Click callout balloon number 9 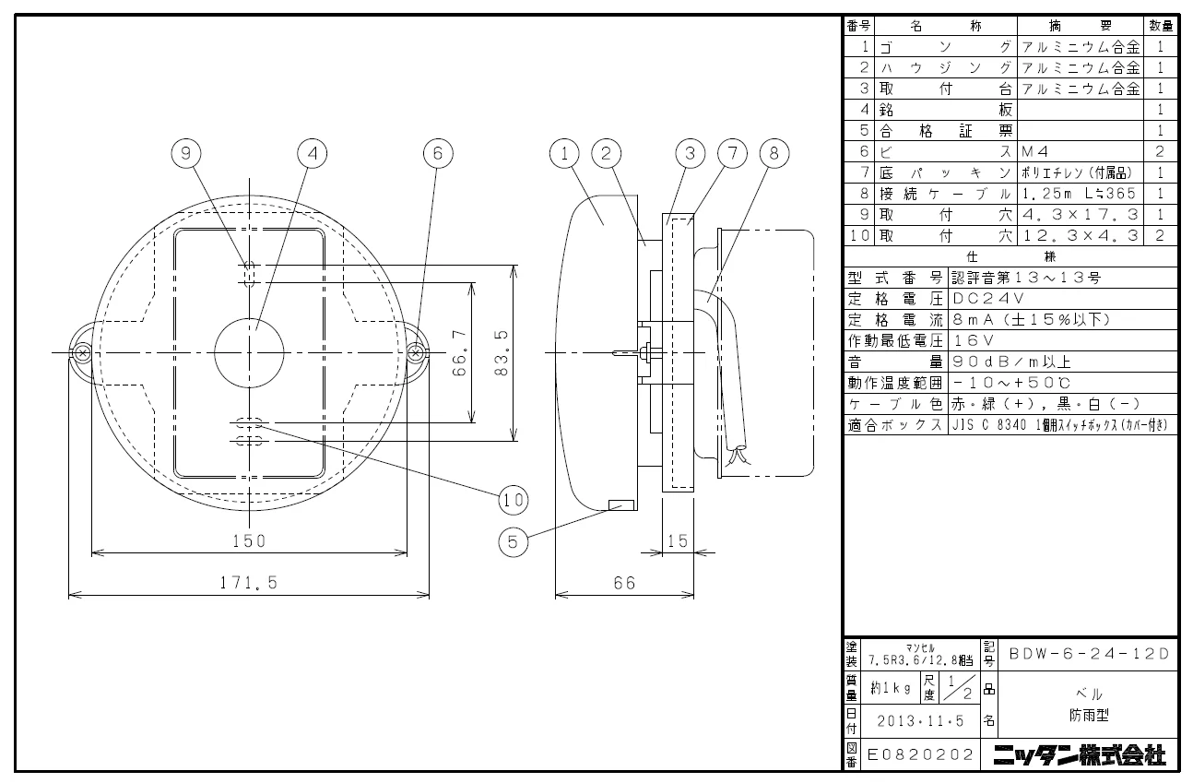click(x=186, y=153)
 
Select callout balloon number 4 click(x=313, y=153)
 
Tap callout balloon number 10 click(x=514, y=500)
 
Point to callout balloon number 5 click(x=513, y=542)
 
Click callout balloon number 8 click(x=774, y=153)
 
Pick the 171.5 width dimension click(x=249, y=583)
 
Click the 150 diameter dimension click(x=249, y=541)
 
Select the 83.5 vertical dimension click(x=502, y=353)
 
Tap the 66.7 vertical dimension click(x=459, y=353)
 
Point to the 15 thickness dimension click(x=678, y=541)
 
